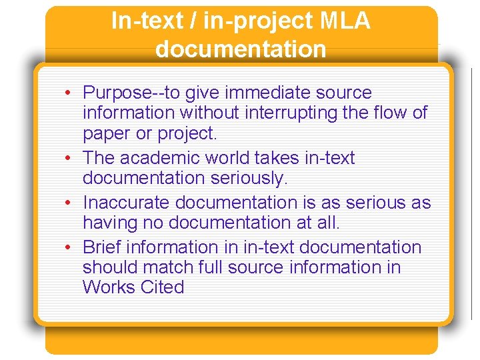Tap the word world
(231, 158)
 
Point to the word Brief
(102, 247)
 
